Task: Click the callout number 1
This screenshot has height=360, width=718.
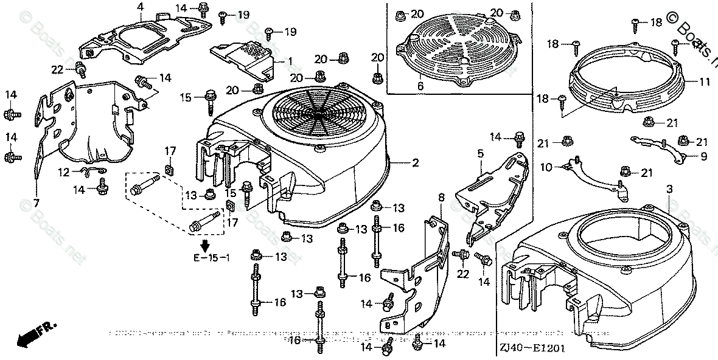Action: [x=290, y=61]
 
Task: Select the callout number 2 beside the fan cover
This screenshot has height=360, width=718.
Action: [x=416, y=163]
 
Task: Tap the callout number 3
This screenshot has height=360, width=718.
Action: [x=670, y=190]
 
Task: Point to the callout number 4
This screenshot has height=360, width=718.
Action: [x=141, y=7]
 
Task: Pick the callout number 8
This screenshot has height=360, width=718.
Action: [x=441, y=196]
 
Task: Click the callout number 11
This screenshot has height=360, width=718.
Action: [x=704, y=81]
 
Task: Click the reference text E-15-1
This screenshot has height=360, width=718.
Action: [x=211, y=258]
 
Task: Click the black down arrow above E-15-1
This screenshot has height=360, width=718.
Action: [x=206, y=246]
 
